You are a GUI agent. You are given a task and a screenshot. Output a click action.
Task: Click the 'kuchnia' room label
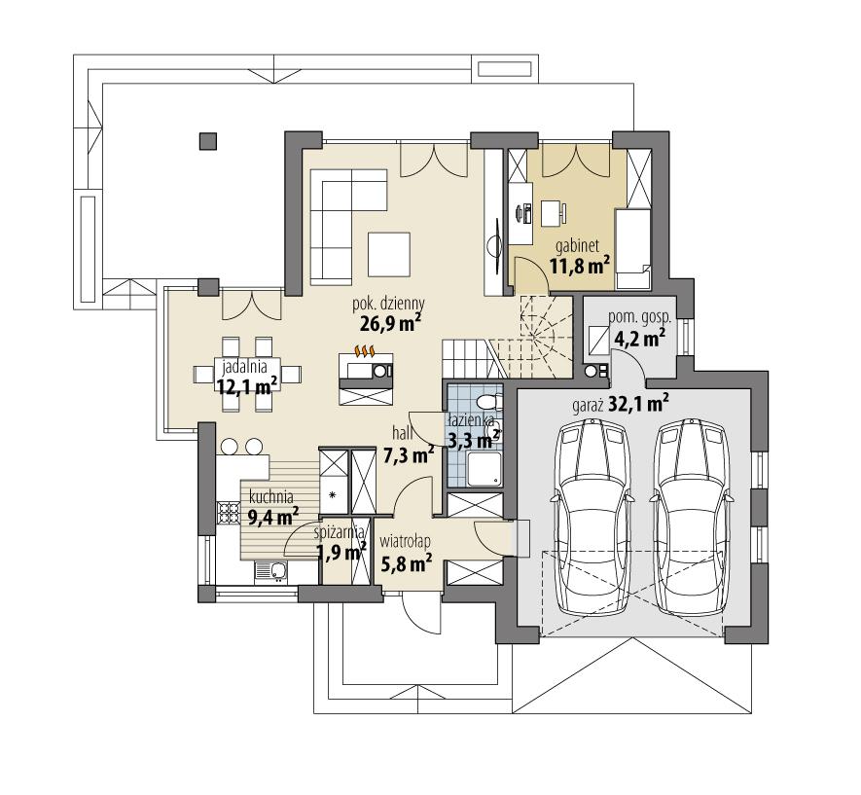[x=269, y=495]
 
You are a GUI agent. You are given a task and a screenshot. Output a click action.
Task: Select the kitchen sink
[x=269, y=571]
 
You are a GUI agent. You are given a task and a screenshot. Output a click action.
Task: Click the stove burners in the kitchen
[x=228, y=513]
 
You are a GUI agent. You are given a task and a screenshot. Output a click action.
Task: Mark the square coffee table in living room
[x=389, y=252]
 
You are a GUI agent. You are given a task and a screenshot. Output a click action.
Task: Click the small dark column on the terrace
[x=206, y=141]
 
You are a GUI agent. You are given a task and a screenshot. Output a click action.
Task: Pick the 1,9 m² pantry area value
[x=341, y=553]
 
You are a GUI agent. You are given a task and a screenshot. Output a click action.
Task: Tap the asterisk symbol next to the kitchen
[x=333, y=495]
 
